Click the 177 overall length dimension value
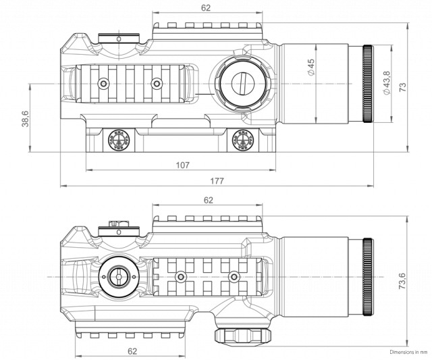(x=217, y=181)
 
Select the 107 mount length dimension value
(x=183, y=165)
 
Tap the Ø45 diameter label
(x=310, y=68)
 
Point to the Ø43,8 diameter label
(x=387, y=83)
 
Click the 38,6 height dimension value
(x=25, y=118)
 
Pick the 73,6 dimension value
(x=402, y=281)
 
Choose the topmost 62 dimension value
(x=205, y=7)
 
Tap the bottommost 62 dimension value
(x=132, y=351)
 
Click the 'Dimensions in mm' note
(x=408, y=352)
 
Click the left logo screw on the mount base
(x=119, y=140)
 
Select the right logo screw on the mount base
(x=243, y=140)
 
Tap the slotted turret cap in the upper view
(x=242, y=83)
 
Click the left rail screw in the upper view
(x=103, y=83)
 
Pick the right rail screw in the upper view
(x=157, y=83)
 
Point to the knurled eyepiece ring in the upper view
(x=368, y=84)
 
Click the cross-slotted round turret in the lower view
(x=119, y=277)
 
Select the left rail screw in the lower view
(x=180, y=276)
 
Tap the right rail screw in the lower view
(x=234, y=276)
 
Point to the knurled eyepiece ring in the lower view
(x=368, y=277)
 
